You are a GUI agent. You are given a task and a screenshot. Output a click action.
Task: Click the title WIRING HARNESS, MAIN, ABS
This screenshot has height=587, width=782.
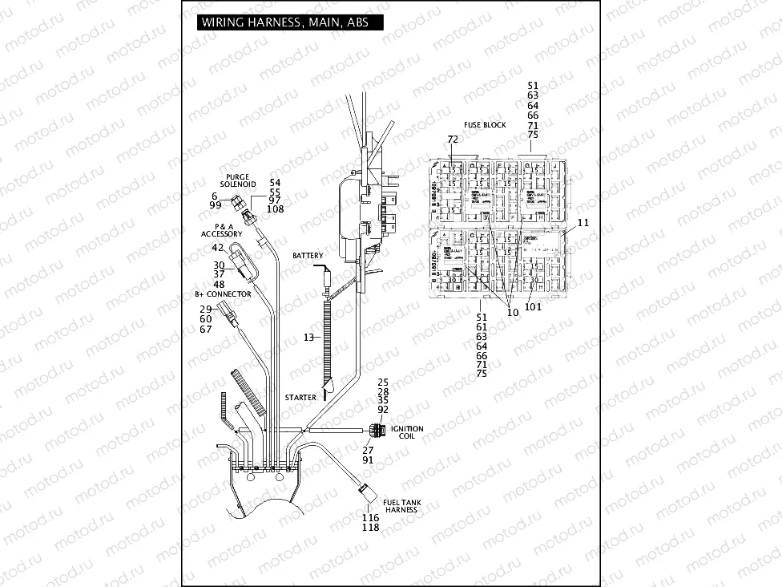click(284, 22)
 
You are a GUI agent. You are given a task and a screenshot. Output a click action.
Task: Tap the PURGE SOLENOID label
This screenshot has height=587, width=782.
click(237, 180)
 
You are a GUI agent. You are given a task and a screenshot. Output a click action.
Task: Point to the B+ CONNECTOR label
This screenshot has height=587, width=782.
click(223, 294)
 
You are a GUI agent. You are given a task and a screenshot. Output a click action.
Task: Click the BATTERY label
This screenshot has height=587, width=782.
click(308, 255)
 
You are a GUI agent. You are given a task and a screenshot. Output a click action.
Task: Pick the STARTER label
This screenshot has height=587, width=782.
click(300, 398)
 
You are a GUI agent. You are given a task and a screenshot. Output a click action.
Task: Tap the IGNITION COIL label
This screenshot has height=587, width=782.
click(407, 433)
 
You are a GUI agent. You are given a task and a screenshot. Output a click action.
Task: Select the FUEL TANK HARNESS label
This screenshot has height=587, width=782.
click(402, 506)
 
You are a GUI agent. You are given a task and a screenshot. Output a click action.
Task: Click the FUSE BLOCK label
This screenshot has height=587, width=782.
click(485, 125)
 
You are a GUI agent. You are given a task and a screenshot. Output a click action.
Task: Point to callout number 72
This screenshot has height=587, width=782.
click(453, 140)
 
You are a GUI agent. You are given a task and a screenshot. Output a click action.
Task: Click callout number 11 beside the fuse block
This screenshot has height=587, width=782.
click(582, 222)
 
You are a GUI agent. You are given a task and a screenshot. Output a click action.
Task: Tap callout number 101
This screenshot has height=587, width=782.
click(534, 306)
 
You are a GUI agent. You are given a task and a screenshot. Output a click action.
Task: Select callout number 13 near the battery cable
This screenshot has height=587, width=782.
click(308, 338)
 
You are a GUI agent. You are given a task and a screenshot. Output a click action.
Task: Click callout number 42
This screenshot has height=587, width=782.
click(218, 247)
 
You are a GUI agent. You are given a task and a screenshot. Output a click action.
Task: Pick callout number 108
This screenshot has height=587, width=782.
click(275, 209)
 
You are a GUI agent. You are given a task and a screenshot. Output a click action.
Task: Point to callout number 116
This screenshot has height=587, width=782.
click(370, 518)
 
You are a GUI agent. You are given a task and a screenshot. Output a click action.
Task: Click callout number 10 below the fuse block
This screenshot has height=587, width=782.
click(513, 313)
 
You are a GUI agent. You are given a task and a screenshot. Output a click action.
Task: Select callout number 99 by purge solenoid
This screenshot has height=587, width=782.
click(216, 205)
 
